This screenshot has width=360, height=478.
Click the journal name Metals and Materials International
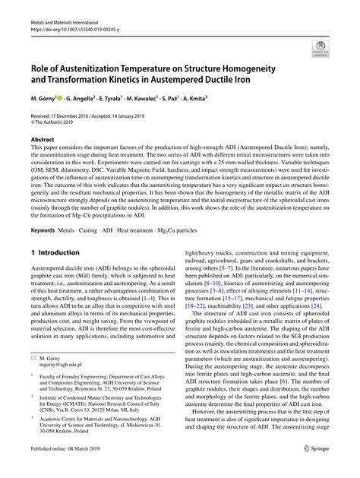tap(60, 6)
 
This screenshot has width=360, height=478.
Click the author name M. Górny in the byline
tap(46, 99)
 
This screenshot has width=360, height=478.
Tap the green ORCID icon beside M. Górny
tap(71, 99)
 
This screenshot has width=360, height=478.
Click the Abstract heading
tap(42, 140)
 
